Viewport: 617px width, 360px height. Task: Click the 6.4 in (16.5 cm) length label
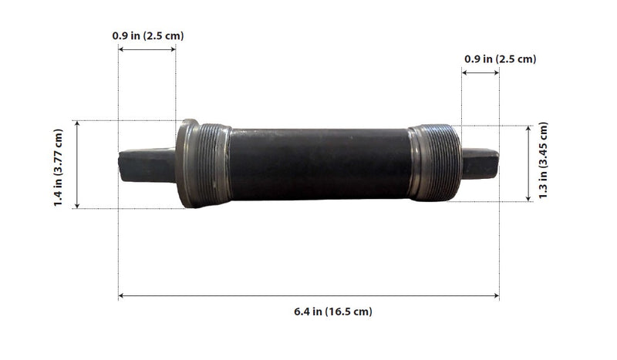(332, 311)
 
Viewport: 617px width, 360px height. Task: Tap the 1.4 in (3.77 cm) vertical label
(59, 164)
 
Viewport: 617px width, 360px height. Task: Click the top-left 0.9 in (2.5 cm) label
(147, 35)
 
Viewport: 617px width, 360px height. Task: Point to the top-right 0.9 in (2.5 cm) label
(500, 59)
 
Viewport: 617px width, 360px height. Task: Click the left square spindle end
(147, 164)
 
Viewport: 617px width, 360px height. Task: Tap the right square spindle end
(480, 162)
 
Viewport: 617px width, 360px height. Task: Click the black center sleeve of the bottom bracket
(319, 163)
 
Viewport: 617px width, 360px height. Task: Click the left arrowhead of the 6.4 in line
(121, 295)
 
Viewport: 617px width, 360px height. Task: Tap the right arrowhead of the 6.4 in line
(496, 295)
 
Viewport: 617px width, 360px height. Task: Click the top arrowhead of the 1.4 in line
(77, 123)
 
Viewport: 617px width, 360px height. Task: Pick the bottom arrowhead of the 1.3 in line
(528, 198)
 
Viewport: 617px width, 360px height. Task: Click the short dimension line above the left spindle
(147, 50)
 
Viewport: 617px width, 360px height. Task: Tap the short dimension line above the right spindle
(480, 73)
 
